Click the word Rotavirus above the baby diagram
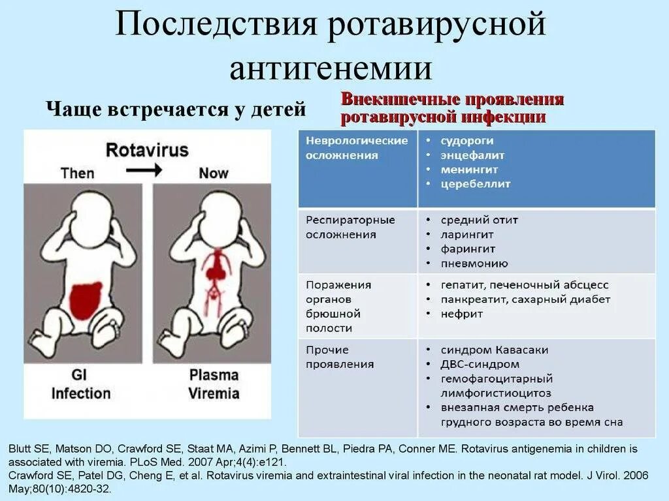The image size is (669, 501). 147,149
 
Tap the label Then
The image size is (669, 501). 77,173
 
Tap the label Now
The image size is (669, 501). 214,173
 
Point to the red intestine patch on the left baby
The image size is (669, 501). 86,299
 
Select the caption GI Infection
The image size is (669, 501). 81,384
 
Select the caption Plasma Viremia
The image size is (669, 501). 214,384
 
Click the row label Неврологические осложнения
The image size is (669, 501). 357,148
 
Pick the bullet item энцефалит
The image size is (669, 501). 472,155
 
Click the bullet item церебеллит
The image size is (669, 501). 475,184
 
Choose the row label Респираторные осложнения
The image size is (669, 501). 351,227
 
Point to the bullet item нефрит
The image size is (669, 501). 461,314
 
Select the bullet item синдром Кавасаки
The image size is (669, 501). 485,350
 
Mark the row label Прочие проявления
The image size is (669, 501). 340,357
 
